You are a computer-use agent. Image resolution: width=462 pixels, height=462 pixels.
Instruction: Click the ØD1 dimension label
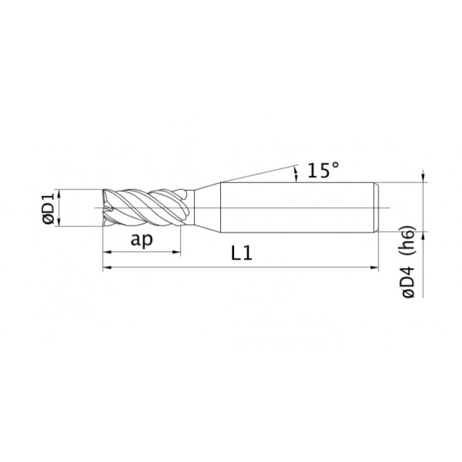pyautogui.click(x=49, y=208)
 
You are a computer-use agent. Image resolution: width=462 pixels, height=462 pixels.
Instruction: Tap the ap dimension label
pyautogui.click(x=141, y=239)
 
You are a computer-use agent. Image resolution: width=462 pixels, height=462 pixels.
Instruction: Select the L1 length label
pyautogui.click(x=242, y=253)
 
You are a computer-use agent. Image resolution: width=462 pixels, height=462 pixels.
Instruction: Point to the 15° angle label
pyautogui.click(x=323, y=170)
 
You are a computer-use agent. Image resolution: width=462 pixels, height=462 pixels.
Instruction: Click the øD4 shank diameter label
pyautogui.click(x=409, y=281)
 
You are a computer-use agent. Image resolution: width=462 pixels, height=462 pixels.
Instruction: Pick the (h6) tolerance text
pyautogui.click(x=407, y=241)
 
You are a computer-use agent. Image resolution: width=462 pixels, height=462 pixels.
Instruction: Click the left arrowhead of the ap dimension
pyautogui.click(x=107, y=252)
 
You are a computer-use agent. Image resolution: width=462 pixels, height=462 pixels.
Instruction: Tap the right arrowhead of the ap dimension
pyautogui.click(x=176, y=252)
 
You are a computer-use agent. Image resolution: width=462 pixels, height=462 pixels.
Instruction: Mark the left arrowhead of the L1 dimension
pyautogui.click(x=107, y=267)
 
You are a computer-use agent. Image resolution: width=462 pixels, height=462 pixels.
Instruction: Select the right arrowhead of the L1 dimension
pyautogui.click(x=374, y=267)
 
